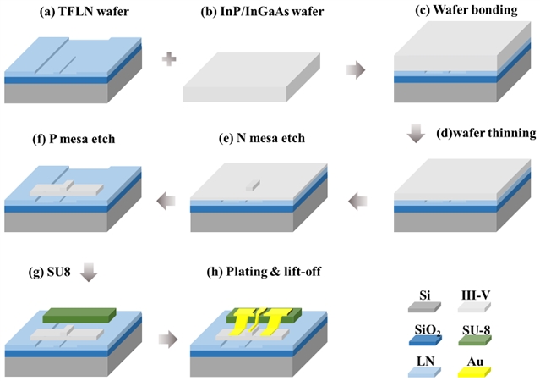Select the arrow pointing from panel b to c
click(x=358, y=69)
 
